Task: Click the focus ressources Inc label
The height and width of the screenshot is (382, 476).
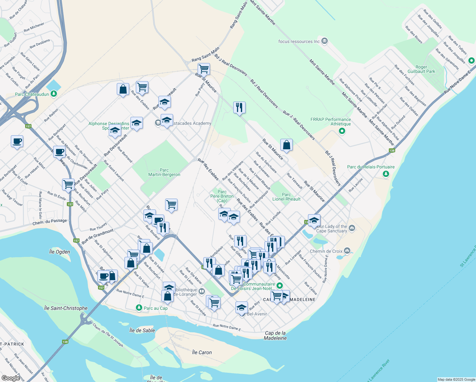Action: pyautogui.click(x=299, y=41)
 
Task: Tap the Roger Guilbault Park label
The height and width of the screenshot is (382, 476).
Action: pyautogui.click(x=421, y=69)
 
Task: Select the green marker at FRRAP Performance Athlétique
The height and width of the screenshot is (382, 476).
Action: pyautogui.click(x=342, y=131)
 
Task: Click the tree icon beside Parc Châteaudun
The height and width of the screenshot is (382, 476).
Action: pyautogui.click(x=54, y=94)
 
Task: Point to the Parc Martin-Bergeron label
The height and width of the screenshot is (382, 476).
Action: pyautogui.click(x=164, y=172)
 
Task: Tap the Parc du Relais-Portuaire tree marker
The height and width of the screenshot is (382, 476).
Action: pyautogui.click(x=386, y=174)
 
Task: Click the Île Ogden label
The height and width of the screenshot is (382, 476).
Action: pyautogui.click(x=59, y=252)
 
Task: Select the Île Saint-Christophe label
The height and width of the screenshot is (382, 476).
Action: pyautogui.click(x=66, y=308)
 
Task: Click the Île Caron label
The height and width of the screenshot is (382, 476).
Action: pyautogui.click(x=202, y=352)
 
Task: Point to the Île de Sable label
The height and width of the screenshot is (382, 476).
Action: pyautogui.click(x=142, y=330)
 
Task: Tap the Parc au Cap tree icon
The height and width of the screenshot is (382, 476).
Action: pyautogui.click(x=139, y=308)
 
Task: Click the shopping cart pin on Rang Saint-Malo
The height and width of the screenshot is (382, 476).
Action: pyautogui.click(x=204, y=68)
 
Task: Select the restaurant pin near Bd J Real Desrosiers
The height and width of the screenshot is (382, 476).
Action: pyautogui.click(x=239, y=107)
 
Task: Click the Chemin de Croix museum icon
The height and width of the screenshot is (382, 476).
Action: pyautogui.click(x=347, y=251)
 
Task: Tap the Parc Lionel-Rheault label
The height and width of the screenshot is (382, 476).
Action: pyautogui.click(x=286, y=197)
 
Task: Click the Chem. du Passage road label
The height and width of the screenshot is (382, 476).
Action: pyautogui.click(x=50, y=222)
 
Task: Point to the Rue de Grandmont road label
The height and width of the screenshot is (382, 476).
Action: pyautogui.click(x=97, y=237)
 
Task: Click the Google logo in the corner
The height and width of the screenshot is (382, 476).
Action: pyautogui.click(x=11, y=378)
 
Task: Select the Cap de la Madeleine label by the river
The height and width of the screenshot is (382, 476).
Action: pyautogui.click(x=275, y=336)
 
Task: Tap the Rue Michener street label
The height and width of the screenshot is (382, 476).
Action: pyautogui.click(x=34, y=27)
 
